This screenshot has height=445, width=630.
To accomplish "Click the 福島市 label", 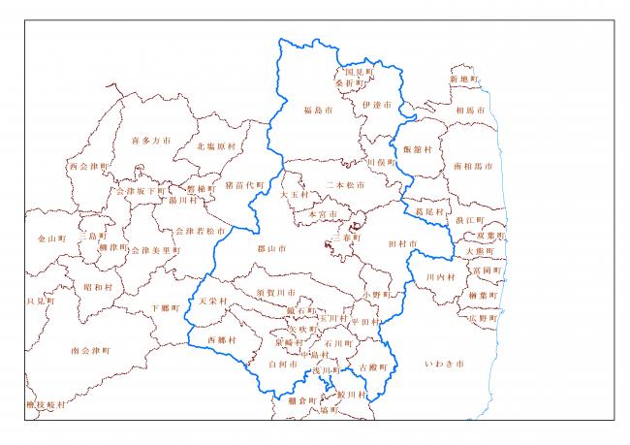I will click(317, 111).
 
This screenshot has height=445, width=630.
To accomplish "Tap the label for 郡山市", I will click(270, 249).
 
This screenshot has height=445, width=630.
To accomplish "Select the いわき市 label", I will click(445, 365).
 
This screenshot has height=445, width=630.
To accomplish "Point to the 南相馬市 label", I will click(471, 166).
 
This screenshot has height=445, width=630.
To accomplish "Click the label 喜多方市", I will click(150, 141).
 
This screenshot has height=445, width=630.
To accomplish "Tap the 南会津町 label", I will click(91, 350).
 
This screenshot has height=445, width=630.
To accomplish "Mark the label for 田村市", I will click(401, 243).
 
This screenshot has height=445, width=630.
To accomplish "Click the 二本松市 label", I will click(345, 184).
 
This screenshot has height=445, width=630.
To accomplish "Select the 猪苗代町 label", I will click(244, 185).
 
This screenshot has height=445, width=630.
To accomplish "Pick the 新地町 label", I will click(464, 79).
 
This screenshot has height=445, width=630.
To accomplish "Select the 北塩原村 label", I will click(215, 146).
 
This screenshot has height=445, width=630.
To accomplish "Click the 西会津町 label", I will click(89, 166).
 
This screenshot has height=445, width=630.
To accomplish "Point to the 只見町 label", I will click(42, 302).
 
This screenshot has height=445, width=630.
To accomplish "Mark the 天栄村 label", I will click(211, 302).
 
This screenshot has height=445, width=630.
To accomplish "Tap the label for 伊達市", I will click(375, 104).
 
